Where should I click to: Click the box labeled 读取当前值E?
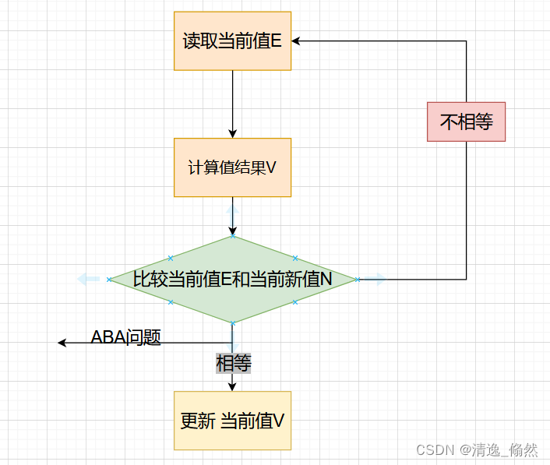(x=232, y=41)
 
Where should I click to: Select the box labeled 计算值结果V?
(x=232, y=167)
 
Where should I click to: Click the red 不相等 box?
(x=466, y=122)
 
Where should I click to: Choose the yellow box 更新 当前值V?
(x=232, y=421)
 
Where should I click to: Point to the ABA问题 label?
(x=125, y=337)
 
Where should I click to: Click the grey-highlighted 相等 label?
(x=233, y=363)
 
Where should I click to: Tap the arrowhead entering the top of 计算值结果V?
(x=232, y=134)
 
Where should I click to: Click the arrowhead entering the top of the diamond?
(x=232, y=231)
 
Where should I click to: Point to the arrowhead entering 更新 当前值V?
(x=232, y=386)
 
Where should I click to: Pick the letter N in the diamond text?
(x=327, y=279)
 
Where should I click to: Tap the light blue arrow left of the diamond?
(x=87, y=279)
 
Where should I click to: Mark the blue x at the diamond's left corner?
(x=109, y=279)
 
